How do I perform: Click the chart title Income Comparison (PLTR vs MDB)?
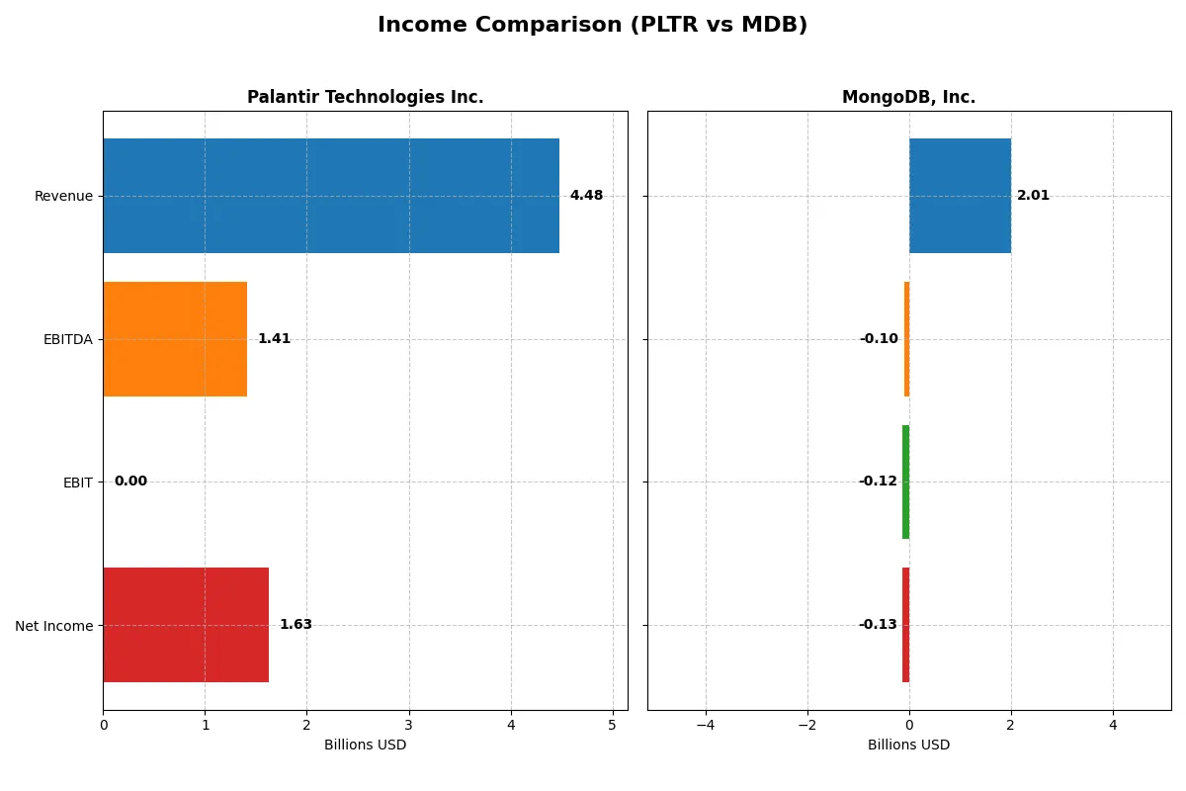592,25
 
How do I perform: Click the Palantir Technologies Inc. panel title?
365,97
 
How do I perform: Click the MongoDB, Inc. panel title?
908,97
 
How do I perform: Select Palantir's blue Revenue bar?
331,196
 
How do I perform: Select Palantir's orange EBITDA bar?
175,339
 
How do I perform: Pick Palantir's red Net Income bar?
186,625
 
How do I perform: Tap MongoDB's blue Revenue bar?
960,196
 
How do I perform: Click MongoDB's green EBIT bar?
905,482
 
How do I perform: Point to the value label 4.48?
586,196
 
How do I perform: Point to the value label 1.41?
274,339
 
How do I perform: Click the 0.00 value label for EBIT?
130,482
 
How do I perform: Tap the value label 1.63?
296,625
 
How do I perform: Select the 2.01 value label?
1033,196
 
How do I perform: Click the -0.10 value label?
879,339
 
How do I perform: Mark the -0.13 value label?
878,625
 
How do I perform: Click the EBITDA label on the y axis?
67,339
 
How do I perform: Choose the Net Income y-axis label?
53,625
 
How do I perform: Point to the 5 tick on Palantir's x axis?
612,725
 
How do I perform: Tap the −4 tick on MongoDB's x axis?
705,725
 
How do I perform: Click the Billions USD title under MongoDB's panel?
908,745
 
